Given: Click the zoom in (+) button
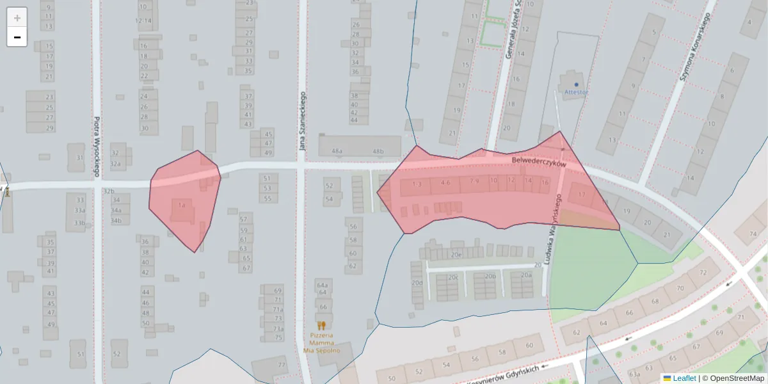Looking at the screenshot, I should pyautogui.click(x=17, y=17).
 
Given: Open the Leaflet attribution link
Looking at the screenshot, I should pyautogui.click(x=684, y=378).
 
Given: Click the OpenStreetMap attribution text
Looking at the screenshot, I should pyautogui.click(x=737, y=378).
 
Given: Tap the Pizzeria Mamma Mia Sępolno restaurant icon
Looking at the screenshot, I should pyautogui.click(x=321, y=325).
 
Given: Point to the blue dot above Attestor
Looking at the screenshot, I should pyautogui.click(x=576, y=84).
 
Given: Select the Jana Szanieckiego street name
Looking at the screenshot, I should pyautogui.click(x=302, y=122).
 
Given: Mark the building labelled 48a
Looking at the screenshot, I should pyautogui.click(x=337, y=152).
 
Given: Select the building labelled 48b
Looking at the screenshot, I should pyautogui.click(x=378, y=152).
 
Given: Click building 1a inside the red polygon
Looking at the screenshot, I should pyautogui.click(x=182, y=205).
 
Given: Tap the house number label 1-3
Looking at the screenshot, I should pyautogui.click(x=417, y=184).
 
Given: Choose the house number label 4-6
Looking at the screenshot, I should pyautogui.click(x=445, y=182).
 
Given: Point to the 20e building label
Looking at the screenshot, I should pyautogui.click(x=456, y=255).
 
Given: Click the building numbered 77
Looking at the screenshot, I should pyautogui.click(x=282, y=365).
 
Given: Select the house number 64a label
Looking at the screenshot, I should pyautogui.click(x=322, y=285).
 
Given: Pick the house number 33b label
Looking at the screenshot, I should pyautogui.click(x=79, y=223).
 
